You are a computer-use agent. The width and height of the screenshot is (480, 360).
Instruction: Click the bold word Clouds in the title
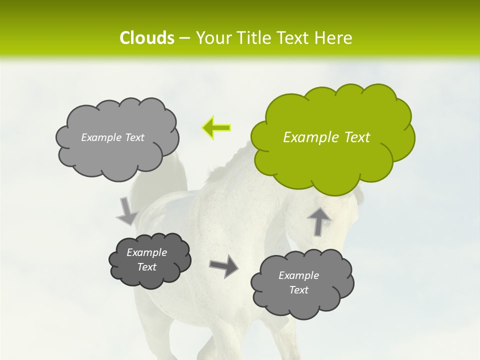[147, 38]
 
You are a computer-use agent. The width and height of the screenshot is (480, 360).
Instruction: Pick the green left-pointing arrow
[216, 127]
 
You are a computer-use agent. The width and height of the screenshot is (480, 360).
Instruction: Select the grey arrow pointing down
[126, 211]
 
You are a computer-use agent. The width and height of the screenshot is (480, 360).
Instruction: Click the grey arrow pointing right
[223, 266]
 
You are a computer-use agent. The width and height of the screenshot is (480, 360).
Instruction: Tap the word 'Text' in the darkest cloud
[146, 267]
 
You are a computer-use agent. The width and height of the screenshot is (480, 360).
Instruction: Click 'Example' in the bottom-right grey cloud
[298, 275]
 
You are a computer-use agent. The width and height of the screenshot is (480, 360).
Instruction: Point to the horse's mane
[225, 167]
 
